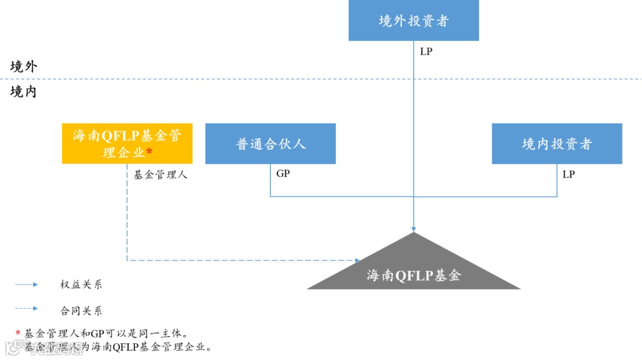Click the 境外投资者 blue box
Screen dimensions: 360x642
414,21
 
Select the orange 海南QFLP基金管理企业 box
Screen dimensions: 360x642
127,144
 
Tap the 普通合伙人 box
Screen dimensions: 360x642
270,144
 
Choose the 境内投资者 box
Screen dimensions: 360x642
557,144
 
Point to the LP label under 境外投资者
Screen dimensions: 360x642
426,52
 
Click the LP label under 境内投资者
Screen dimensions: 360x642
569,175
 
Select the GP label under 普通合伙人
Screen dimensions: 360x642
284,174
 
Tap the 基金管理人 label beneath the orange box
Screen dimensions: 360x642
160,175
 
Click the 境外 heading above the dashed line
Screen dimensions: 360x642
24,67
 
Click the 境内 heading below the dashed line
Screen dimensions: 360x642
24,91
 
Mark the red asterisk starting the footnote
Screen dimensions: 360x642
18,333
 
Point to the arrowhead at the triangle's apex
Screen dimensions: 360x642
414,229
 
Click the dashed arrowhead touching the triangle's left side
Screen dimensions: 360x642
357,260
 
